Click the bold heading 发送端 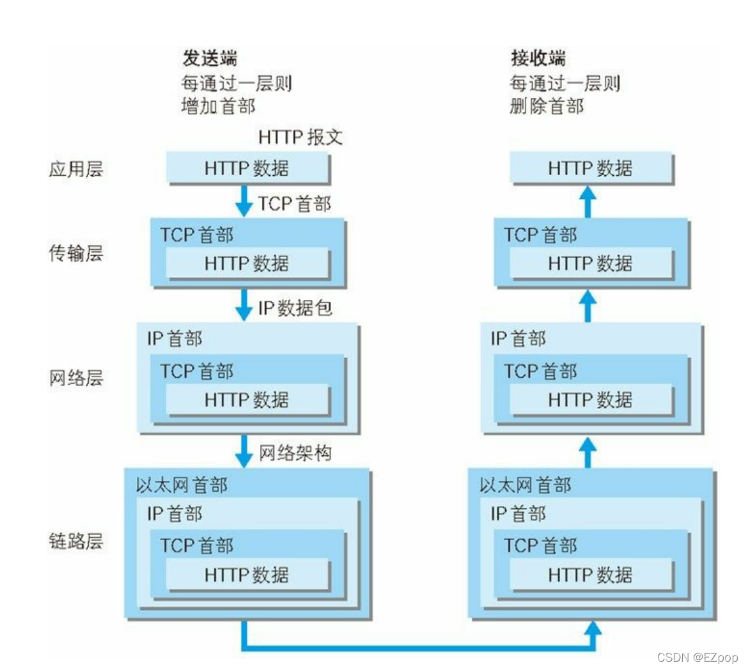pos(210,58)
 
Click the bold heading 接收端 pos(538,58)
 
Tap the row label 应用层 pos(76,169)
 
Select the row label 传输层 pos(76,253)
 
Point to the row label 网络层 pos(76,378)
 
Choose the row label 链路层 pos(76,541)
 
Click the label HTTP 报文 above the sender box pos(300,137)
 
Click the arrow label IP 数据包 pos(295,308)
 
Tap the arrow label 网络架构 pos(295,453)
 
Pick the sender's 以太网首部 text pos(182,485)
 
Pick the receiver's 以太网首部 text pos(526,485)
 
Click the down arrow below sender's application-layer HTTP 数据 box pos(244,201)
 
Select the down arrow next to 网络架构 pos(244,451)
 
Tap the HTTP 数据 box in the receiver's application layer pos(591,168)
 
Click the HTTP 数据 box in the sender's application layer pos(248,168)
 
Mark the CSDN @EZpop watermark pos(697,657)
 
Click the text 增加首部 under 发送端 pos(219,106)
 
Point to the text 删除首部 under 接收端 pos(547,106)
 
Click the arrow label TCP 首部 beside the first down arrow pos(295,204)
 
